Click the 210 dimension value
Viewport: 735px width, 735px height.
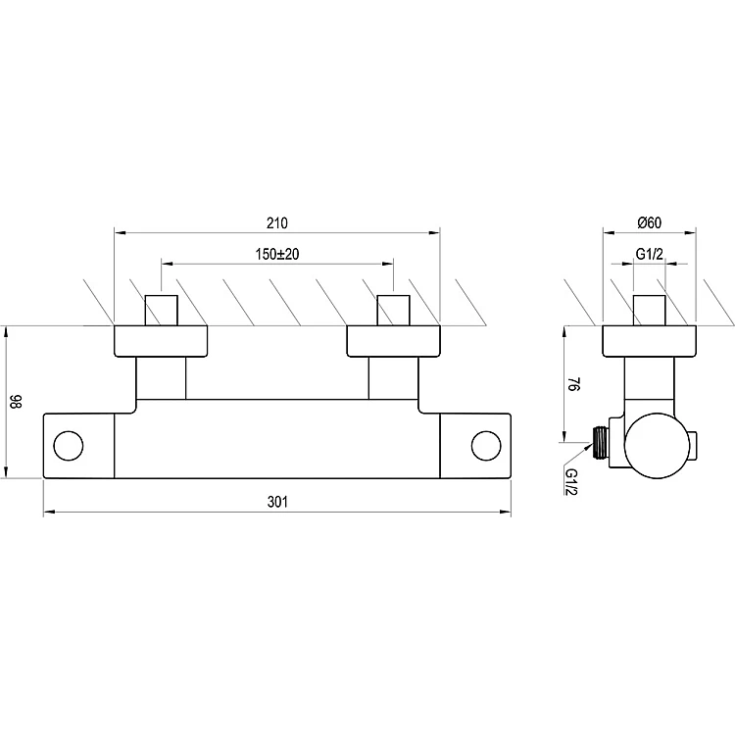click(x=277, y=223)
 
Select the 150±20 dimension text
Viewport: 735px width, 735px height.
click(x=277, y=254)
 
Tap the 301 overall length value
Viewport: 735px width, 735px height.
click(x=277, y=502)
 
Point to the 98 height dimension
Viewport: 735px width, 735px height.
click(x=16, y=401)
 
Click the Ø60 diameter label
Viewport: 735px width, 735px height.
click(x=649, y=222)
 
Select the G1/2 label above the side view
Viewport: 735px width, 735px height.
click(x=649, y=254)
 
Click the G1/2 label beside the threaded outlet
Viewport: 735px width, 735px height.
click(x=572, y=481)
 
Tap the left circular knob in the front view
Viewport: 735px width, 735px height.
click(x=69, y=446)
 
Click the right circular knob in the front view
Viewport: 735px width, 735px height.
click(x=486, y=446)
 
